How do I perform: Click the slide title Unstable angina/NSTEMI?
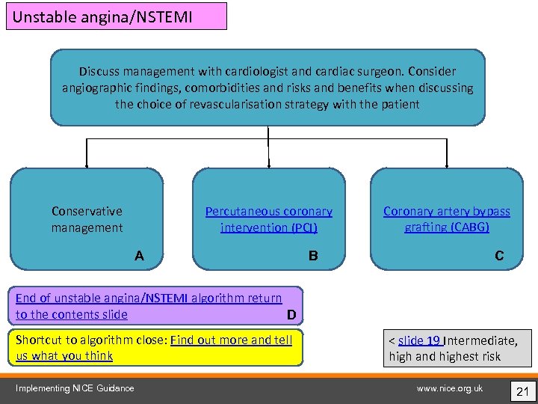click(102, 16)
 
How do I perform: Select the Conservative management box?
click(87, 219)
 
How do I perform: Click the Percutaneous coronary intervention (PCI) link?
click(268, 219)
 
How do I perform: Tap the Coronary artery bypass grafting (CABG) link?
click(447, 219)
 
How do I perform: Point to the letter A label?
click(140, 256)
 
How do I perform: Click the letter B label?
click(313, 256)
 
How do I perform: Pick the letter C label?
click(499, 256)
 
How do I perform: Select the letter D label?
click(291, 314)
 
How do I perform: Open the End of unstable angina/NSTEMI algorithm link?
click(149, 299)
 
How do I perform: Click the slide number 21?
click(522, 390)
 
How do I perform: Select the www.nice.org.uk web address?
click(450, 388)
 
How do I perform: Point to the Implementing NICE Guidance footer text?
click(75, 388)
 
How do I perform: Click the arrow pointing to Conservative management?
click(87, 161)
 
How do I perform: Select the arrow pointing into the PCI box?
click(268, 161)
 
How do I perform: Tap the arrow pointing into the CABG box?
click(447, 161)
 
